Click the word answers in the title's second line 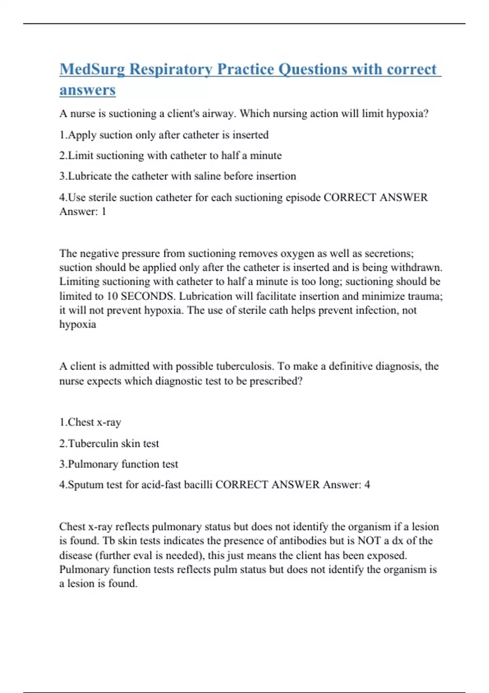click(87, 90)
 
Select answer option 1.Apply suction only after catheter click(164, 135)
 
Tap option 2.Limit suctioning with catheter click(170, 155)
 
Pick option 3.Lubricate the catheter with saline click(178, 176)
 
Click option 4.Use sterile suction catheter click(190, 197)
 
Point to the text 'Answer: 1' click(83, 211)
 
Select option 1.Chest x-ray click(90, 422)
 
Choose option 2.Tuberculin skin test click(109, 444)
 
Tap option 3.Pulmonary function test click(119, 464)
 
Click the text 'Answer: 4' click(346, 485)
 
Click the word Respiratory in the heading click(171, 69)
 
